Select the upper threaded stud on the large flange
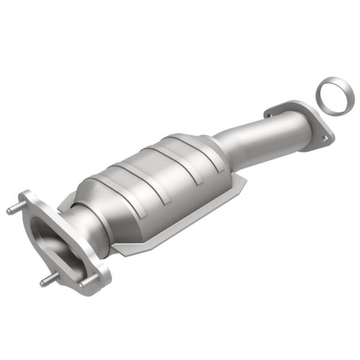click(13, 210)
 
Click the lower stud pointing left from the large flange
click(45, 282)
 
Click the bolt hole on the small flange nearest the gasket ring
click(323, 139)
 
